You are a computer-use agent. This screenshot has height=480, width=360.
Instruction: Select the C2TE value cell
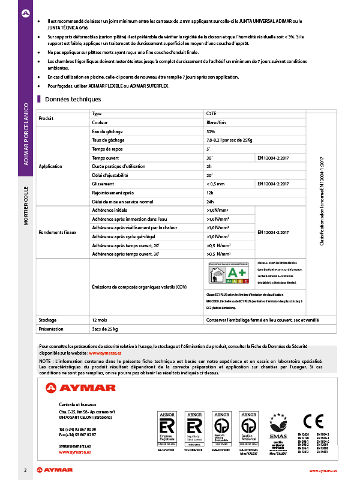pyautogui.click(x=211, y=113)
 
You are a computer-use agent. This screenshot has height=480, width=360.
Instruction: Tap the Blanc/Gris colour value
pyautogui.click(x=216, y=122)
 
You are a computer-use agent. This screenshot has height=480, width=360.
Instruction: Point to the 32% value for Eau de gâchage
pyautogui.click(x=211, y=131)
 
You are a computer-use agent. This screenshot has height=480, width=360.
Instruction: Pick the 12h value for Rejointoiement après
pyautogui.click(x=210, y=193)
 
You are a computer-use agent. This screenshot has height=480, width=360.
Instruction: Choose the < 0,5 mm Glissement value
pyautogui.click(x=215, y=184)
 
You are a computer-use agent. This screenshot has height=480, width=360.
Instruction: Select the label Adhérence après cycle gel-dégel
pyautogui.click(x=124, y=237)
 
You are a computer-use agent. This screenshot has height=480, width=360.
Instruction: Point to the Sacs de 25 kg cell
pyautogui.click(x=104, y=329)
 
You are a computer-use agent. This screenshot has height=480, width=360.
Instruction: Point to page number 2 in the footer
pyautogui.click(x=25, y=470)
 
